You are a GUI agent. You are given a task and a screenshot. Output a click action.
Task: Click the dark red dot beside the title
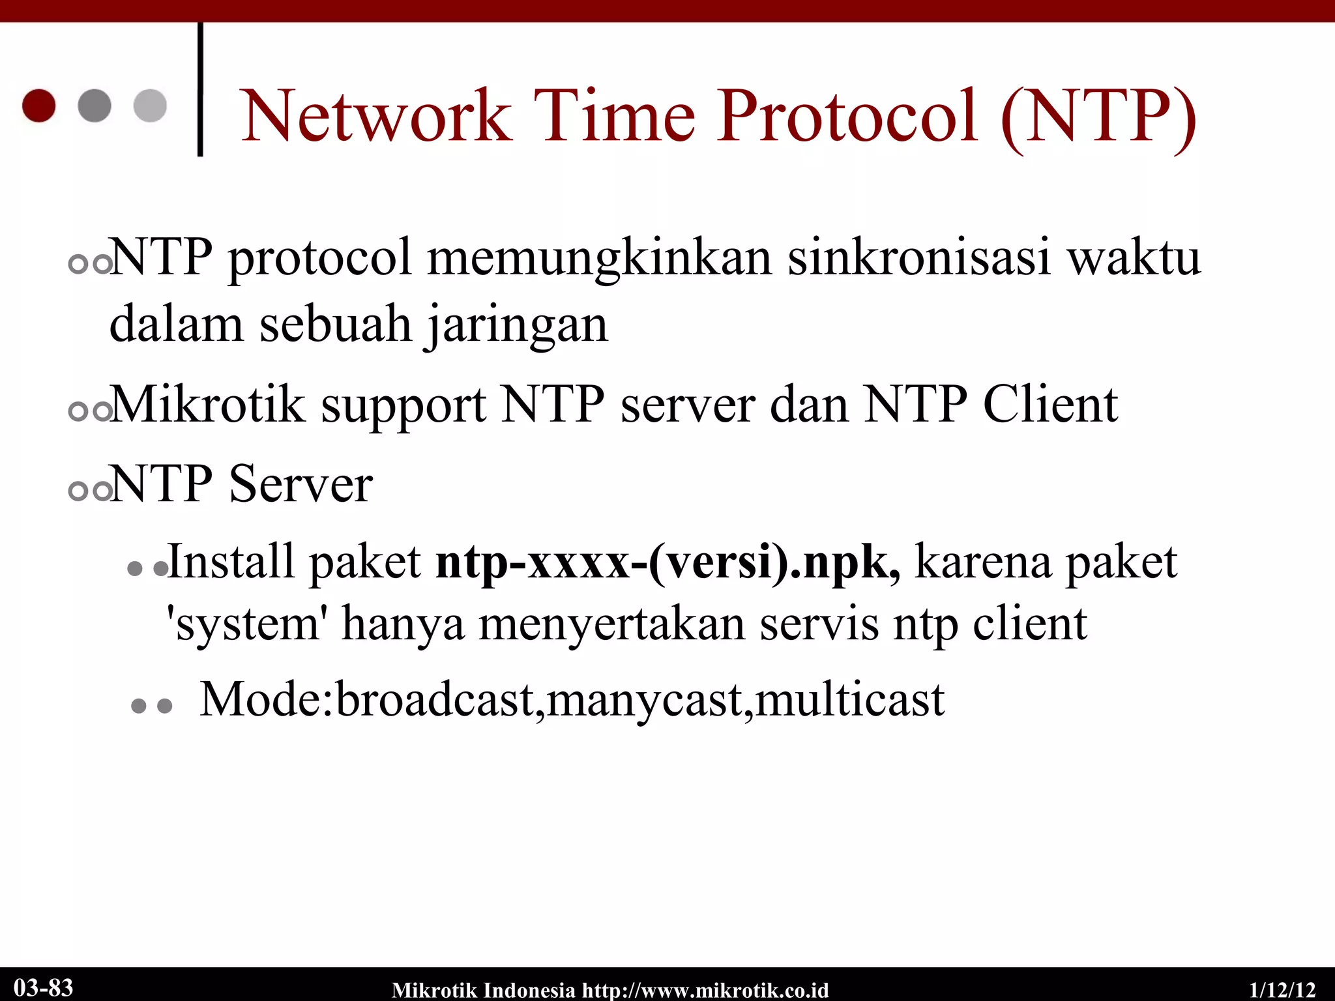[39, 106]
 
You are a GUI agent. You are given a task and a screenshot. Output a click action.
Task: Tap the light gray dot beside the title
[150, 106]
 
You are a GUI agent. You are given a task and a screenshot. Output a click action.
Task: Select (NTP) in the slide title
[1099, 117]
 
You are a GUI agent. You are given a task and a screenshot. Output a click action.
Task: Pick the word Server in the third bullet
[301, 485]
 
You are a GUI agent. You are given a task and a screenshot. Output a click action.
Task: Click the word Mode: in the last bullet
[267, 700]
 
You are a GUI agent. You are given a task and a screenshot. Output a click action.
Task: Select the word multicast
[849, 700]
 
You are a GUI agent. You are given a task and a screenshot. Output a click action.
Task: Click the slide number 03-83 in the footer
[43, 987]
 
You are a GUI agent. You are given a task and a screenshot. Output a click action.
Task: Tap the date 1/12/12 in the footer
[1282, 990]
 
